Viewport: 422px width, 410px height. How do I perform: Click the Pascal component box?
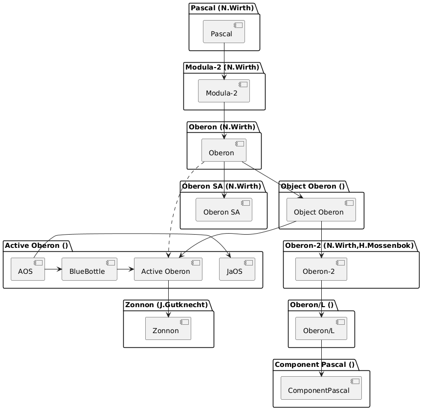click(x=224, y=31)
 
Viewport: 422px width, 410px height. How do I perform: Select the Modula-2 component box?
click(x=224, y=91)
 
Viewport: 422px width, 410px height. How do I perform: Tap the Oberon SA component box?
click(x=224, y=210)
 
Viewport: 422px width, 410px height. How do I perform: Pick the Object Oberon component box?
click(x=321, y=210)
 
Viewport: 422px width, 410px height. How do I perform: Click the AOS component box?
click(x=28, y=269)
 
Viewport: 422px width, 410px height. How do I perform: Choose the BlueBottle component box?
click(x=89, y=269)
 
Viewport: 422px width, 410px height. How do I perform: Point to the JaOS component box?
click(x=237, y=269)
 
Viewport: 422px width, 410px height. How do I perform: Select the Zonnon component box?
click(x=168, y=328)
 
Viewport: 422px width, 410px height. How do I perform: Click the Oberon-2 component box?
click(x=321, y=269)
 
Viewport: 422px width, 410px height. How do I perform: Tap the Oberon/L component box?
click(x=321, y=328)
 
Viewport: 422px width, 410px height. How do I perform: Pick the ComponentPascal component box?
click(x=321, y=388)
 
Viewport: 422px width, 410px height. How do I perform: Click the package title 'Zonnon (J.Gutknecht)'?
click(x=167, y=305)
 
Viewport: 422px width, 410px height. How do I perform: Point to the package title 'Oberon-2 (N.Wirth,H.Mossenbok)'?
click(x=349, y=245)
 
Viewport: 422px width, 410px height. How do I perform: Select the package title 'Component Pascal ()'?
click(x=314, y=365)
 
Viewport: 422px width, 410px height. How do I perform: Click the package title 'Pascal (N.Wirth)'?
click(x=222, y=8)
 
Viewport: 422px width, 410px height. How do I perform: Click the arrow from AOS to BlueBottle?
click(x=53, y=269)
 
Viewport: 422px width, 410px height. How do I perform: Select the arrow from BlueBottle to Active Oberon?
click(x=125, y=269)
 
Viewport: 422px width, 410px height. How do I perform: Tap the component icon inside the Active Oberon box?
click(x=196, y=263)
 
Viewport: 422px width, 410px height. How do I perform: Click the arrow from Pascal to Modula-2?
click(x=224, y=61)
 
